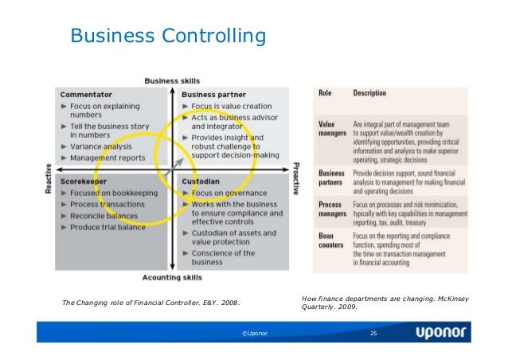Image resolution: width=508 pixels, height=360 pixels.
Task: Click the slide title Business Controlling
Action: (167, 36)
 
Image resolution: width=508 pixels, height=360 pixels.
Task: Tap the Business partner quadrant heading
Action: (213, 95)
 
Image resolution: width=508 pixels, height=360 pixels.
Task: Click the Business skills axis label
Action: (172, 81)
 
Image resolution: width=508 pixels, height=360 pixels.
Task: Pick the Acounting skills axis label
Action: (172, 277)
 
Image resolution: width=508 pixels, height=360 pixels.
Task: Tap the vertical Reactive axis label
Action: (49, 178)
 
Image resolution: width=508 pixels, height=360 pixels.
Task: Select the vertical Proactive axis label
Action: (295, 178)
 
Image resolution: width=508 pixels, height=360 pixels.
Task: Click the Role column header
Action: (325, 93)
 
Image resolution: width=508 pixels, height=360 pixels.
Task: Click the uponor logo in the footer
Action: (442, 332)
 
